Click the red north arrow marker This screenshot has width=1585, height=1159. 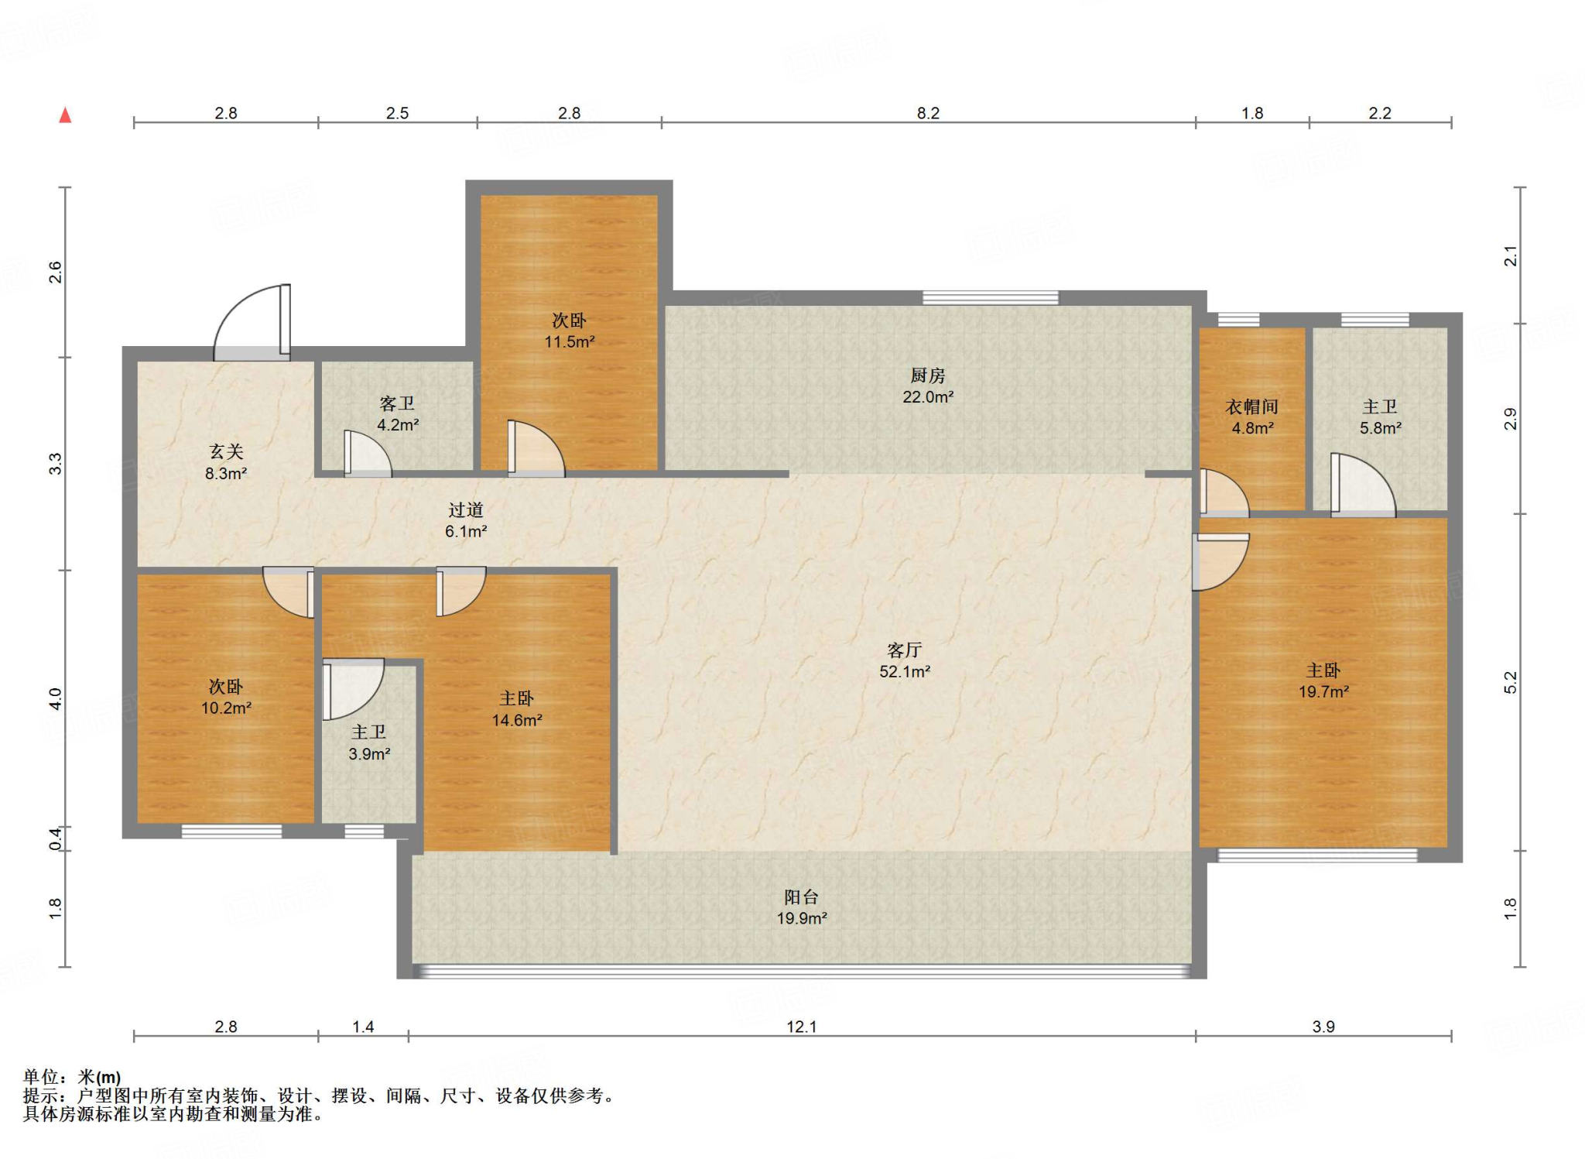66,115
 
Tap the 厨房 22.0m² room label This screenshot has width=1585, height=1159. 928,386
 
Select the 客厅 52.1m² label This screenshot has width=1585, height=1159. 905,660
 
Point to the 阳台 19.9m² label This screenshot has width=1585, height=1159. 802,907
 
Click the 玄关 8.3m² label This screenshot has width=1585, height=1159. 226,462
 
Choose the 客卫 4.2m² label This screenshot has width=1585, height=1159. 398,413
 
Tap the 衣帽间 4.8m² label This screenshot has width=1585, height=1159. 1252,417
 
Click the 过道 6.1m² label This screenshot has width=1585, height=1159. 466,520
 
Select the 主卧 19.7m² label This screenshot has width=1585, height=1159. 1323,681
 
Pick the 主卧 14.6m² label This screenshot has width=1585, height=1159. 517,709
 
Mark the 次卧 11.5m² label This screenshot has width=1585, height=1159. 569,331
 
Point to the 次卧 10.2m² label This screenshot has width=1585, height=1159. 226,697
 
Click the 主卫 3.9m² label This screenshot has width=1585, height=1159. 369,742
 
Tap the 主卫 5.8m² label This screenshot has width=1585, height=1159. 1381,417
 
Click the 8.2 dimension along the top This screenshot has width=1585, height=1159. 928,113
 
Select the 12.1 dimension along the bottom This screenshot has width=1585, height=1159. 802,1027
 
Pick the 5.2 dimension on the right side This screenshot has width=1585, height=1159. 1510,682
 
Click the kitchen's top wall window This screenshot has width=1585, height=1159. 990,297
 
